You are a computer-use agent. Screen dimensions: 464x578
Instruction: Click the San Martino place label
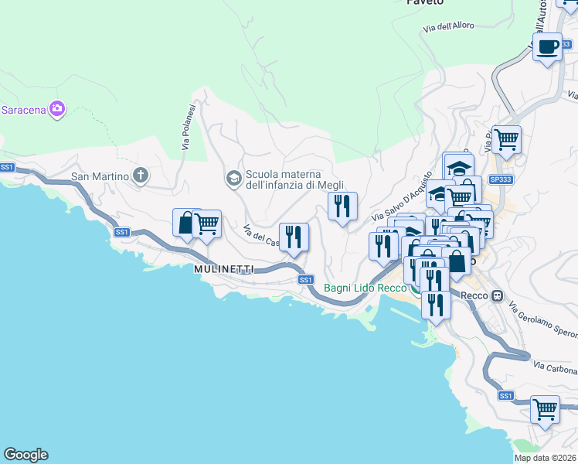point(100,176)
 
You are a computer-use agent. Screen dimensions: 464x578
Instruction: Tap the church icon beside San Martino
point(141,176)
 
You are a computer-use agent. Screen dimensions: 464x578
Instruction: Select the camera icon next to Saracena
point(56,109)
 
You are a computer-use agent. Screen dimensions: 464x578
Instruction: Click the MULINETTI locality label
point(224,268)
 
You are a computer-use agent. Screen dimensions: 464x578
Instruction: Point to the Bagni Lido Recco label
point(365,288)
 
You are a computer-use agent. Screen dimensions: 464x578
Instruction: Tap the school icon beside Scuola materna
point(233,179)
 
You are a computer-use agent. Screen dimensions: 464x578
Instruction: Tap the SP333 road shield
point(501,179)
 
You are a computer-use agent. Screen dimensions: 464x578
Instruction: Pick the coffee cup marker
point(548,46)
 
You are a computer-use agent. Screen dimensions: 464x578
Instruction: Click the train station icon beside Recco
point(497,295)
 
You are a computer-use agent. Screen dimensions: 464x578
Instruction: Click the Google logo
point(25,455)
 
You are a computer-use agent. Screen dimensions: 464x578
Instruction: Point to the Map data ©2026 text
point(546,458)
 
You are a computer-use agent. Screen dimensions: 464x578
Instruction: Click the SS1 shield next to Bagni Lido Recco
point(305,279)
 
